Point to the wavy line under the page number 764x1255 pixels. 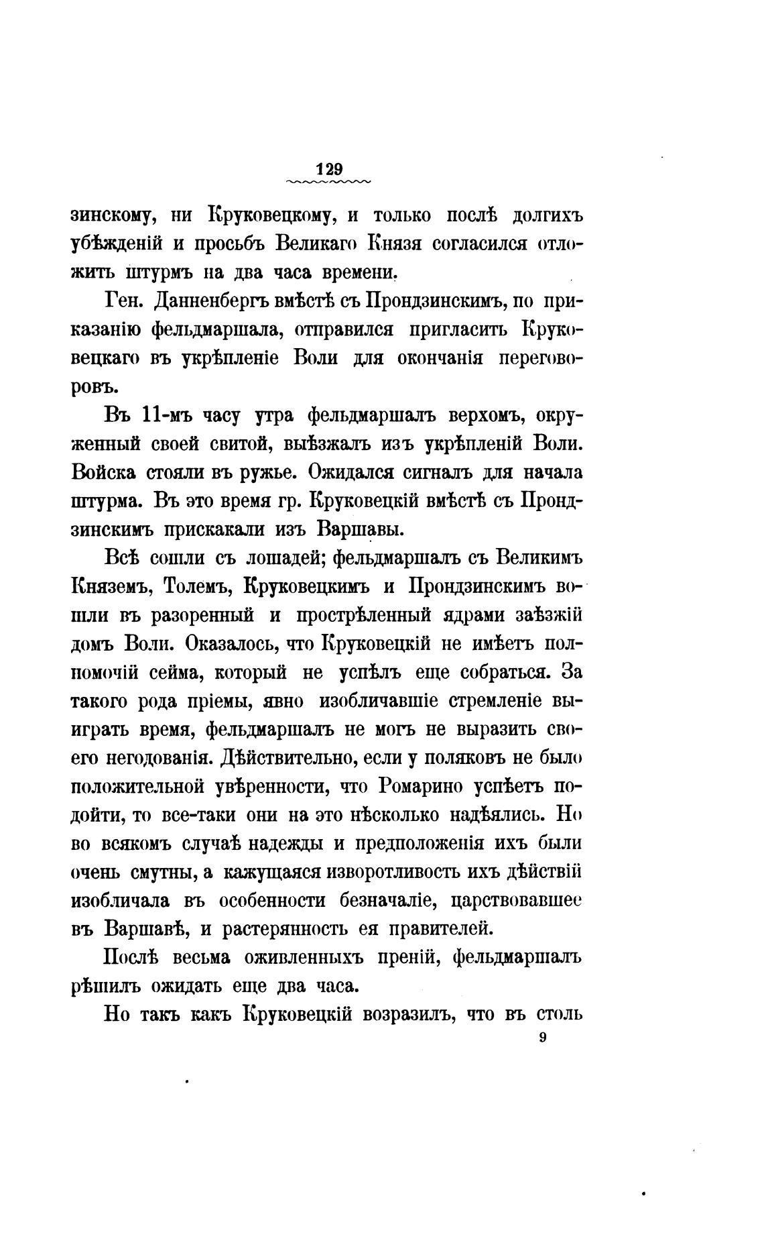click(328, 182)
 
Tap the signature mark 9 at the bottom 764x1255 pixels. click(542, 1038)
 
